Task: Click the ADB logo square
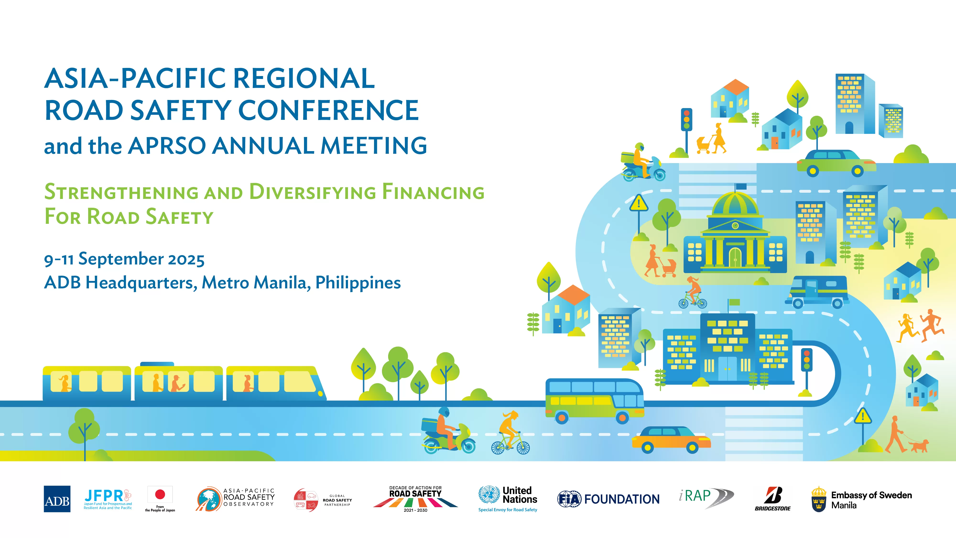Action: [57, 499]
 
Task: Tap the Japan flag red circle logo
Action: [160, 494]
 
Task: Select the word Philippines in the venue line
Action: [358, 283]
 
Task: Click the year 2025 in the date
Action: [186, 259]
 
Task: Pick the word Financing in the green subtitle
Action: [433, 192]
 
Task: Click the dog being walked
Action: [918, 445]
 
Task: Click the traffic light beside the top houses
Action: [687, 119]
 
